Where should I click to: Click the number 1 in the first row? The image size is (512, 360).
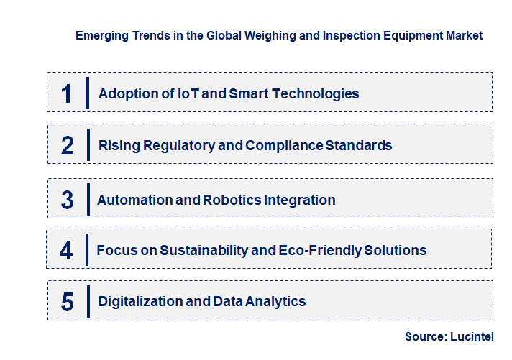coord(67,93)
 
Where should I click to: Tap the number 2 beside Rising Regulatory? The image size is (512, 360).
coord(68,146)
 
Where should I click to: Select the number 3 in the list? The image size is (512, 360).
coord(68,200)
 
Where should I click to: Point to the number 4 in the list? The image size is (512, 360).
coord(67,251)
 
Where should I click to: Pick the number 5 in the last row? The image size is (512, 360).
coord(68,302)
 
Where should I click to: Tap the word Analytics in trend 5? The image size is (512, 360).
coord(275,301)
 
